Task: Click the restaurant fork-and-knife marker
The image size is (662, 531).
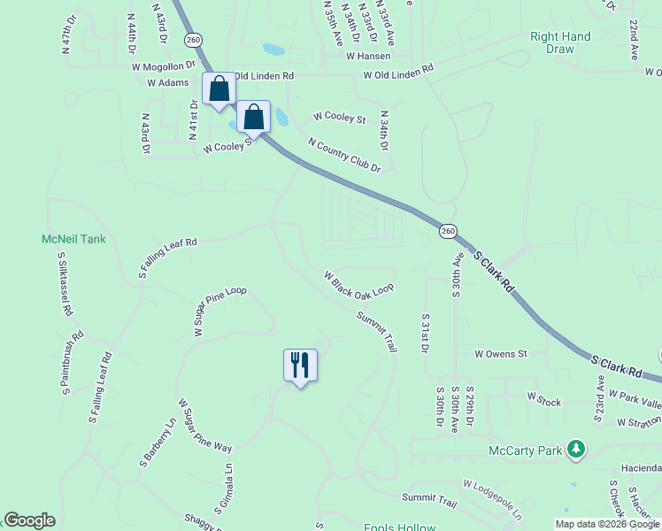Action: coord(300,365)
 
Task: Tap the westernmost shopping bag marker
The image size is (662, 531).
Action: coord(219,89)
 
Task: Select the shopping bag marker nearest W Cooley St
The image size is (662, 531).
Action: coord(253,117)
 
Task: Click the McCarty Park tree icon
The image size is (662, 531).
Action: coord(577,450)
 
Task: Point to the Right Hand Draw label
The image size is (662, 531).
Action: coord(560,42)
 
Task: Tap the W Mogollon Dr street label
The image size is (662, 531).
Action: coord(164,65)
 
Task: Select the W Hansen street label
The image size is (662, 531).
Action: coord(368,55)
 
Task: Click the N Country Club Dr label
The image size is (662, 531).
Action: coord(343,155)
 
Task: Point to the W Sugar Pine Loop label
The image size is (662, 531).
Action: coord(219,311)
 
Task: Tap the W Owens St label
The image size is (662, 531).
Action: coord(500,353)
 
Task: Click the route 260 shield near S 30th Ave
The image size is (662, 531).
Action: coord(449,230)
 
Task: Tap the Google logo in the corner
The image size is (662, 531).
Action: coord(29,520)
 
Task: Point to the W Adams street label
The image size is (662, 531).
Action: coord(168,82)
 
